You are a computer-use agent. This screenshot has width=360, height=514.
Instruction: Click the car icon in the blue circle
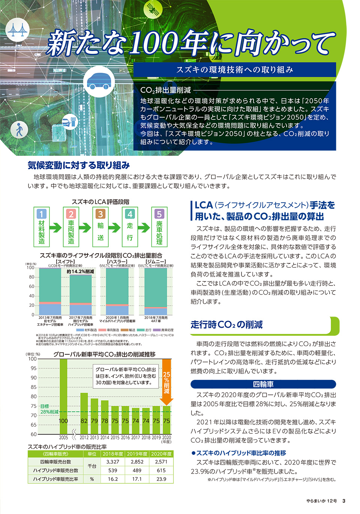click(x=99, y=81)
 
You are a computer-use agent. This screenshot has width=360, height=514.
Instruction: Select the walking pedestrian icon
click(x=19, y=130)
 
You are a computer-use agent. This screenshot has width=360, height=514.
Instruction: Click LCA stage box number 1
click(x=42, y=227)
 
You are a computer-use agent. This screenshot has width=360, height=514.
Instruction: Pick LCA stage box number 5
click(x=159, y=227)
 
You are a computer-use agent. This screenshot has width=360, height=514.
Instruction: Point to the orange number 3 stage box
click(x=100, y=227)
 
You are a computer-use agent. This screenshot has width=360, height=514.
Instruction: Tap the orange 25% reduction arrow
click(x=166, y=382)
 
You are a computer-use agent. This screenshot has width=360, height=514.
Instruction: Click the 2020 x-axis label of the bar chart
click(x=166, y=437)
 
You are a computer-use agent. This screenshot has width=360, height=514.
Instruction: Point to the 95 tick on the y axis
click(x=34, y=368)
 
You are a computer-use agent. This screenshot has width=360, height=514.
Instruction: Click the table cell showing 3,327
click(x=112, y=462)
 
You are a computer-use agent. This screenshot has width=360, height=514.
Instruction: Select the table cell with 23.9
click(x=161, y=479)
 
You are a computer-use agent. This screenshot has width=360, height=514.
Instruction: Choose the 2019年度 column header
click(x=137, y=454)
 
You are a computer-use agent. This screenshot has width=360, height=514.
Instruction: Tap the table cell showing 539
click(x=112, y=471)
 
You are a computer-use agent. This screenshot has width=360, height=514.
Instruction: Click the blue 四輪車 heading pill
click(x=263, y=384)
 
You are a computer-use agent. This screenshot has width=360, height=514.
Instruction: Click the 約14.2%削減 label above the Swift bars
click(x=80, y=271)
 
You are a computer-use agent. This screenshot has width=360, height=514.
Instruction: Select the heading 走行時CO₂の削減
click(x=226, y=324)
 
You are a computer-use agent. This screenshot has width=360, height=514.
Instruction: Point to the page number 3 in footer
click(x=343, y=501)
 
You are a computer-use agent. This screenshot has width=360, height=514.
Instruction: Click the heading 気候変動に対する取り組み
click(x=79, y=165)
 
